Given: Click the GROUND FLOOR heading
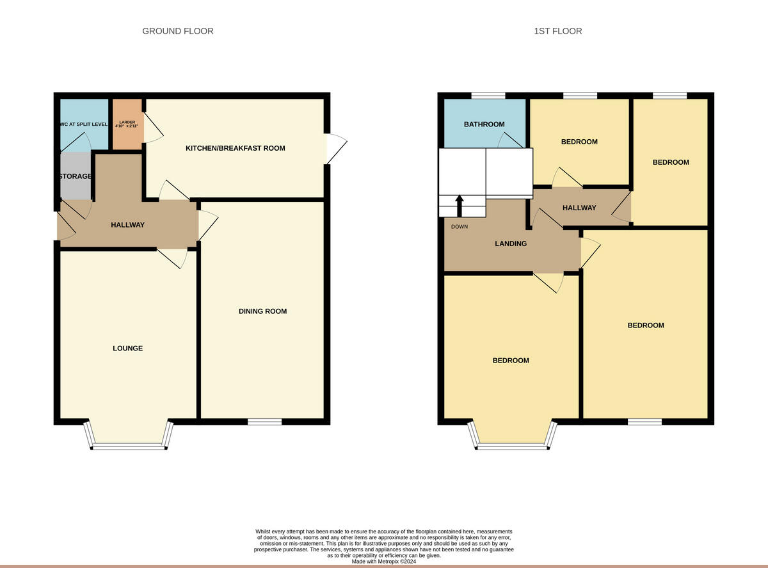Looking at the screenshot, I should (177, 31).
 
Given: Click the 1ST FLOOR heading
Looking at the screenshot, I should (558, 31).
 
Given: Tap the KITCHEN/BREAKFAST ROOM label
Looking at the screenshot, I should (235, 148).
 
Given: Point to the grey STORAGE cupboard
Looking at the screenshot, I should (75, 177).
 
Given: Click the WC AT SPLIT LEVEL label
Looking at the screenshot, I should (76, 124).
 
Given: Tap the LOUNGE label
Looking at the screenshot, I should (127, 348).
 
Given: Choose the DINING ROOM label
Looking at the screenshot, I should (262, 311).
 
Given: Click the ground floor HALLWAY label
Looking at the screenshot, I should (127, 225).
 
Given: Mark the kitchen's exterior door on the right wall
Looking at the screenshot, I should (335, 148).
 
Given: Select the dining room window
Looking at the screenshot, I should (264, 422).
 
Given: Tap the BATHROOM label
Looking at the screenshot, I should (483, 124).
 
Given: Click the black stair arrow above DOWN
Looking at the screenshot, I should (460, 205).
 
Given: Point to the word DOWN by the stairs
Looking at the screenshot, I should (459, 226).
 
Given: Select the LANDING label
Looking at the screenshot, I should (510, 243).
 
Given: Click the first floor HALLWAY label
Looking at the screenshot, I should (579, 208).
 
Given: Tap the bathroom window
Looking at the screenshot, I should (487, 95).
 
